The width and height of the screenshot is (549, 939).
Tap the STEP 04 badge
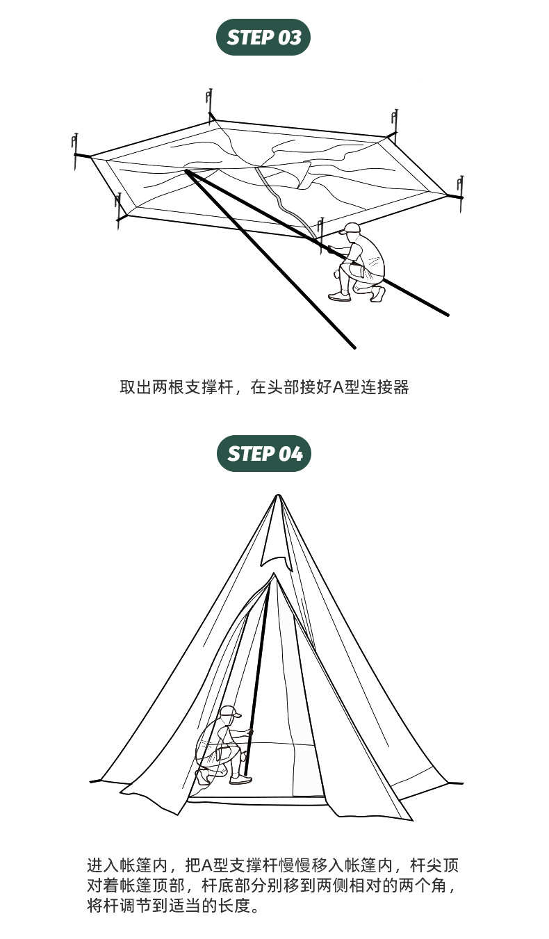coord(264,454)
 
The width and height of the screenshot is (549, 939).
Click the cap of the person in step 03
coord(352,228)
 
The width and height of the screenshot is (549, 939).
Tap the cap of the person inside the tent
coord(229,711)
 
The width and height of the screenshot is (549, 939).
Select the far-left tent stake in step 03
coord(75,149)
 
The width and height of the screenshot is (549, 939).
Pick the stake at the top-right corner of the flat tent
coord(395,122)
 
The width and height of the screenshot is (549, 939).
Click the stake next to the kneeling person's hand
coord(320,231)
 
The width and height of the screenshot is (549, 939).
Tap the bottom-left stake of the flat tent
coord(119,209)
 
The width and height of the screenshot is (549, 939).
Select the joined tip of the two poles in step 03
coord(186,170)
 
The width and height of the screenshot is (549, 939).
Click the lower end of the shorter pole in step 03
coord(354,346)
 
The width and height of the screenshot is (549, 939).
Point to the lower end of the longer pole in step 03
coord(447,314)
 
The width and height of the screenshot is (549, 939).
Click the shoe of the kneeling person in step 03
coord(339,297)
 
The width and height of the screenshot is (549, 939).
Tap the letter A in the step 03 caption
coord(338,387)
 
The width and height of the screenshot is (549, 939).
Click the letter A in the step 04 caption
coord(207,866)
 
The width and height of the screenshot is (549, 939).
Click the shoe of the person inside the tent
coord(241,780)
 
